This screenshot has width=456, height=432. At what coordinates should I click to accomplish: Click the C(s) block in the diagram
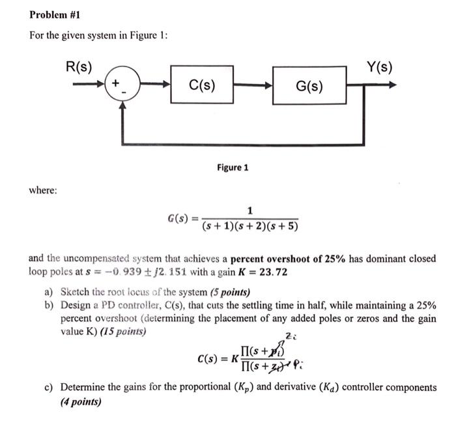(x=202, y=84)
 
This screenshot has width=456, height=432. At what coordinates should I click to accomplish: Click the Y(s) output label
(x=379, y=66)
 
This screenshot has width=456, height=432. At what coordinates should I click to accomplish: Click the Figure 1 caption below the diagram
(x=233, y=167)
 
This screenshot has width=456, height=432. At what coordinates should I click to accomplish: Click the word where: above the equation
(x=43, y=190)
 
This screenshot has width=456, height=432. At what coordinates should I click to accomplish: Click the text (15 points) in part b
(x=123, y=330)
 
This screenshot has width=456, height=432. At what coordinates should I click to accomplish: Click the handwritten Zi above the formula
(x=289, y=336)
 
